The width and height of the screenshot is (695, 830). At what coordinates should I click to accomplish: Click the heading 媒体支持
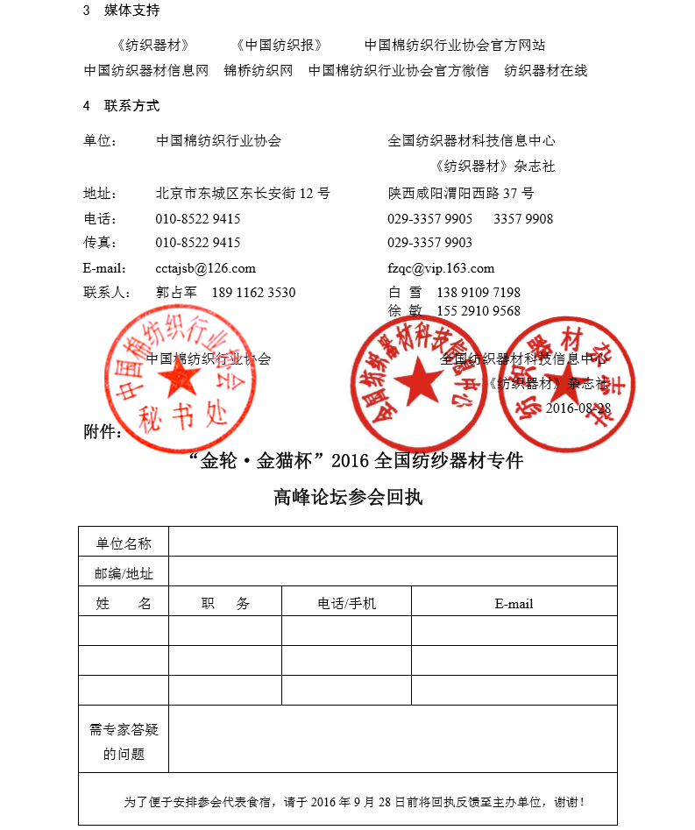[131, 11]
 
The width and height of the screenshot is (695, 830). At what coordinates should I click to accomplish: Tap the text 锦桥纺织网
[258, 71]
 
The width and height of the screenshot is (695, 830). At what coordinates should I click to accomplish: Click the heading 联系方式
[131, 105]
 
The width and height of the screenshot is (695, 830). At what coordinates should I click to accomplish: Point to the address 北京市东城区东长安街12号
[243, 193]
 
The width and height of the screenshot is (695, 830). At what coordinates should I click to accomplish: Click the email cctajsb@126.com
[205, 268]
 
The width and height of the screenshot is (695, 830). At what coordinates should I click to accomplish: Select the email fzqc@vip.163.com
[441, 268]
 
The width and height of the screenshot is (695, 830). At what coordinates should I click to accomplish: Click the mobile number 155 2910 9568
[478, 310]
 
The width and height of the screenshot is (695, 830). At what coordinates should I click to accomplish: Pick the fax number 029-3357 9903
[429, 242]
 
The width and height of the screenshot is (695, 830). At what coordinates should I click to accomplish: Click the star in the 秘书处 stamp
[181, 378]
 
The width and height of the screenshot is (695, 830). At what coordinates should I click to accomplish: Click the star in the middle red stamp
[418, 382]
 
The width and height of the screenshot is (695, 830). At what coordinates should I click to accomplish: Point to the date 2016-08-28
[578, 408]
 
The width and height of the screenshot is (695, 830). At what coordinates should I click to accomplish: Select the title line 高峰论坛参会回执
[348, 497]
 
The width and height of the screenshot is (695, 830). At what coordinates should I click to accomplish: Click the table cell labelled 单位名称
[124, 543]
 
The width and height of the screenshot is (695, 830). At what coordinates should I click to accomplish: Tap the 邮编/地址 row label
[124, 573]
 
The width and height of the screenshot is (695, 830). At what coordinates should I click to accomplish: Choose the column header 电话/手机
[346, 603]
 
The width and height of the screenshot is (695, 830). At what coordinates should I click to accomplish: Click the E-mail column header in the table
[514, 603]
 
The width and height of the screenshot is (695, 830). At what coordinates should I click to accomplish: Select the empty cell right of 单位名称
[393, 543]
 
